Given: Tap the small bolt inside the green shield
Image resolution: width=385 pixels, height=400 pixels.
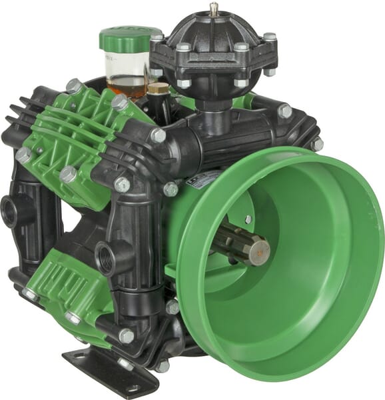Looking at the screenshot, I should click(x=248, y=218).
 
